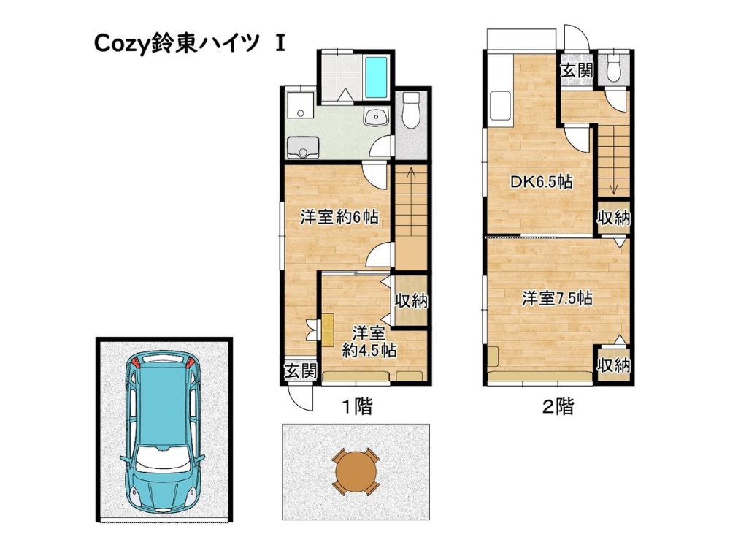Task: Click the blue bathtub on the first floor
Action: point(376,77)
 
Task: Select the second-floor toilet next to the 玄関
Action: point(614,67)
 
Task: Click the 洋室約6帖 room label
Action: point(339,217)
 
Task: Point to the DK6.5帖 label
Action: point(542,182)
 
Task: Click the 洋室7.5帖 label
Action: point(557,298)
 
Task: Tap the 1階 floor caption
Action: point(358,407)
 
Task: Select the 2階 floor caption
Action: point(558,407)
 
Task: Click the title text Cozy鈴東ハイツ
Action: point(177,44)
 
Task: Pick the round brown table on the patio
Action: point(355,471)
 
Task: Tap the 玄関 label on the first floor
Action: point(301,371)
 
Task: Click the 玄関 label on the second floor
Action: point(577,71)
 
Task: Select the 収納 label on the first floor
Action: point(412,301)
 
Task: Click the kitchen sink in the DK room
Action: point(499,107)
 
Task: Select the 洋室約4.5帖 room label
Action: point(369,341)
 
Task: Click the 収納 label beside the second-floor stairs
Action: point(614,218)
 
